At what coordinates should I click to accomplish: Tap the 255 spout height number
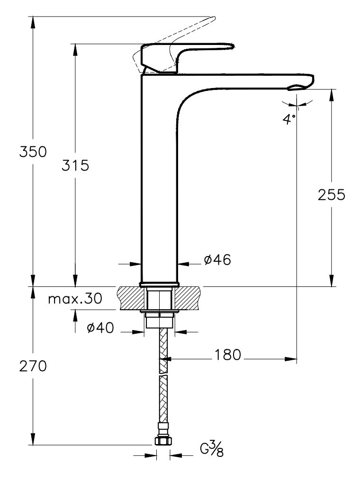tap(331, 195)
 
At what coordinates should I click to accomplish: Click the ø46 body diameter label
tap(217, 259)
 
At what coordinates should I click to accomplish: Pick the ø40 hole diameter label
tap(100, 328)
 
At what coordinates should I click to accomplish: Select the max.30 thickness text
tap(75, 299)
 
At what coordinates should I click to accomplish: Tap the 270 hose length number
tap(33, 366)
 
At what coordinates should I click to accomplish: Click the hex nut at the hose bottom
tap(162, 441)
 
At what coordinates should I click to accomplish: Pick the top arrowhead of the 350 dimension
tap(33, 22)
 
